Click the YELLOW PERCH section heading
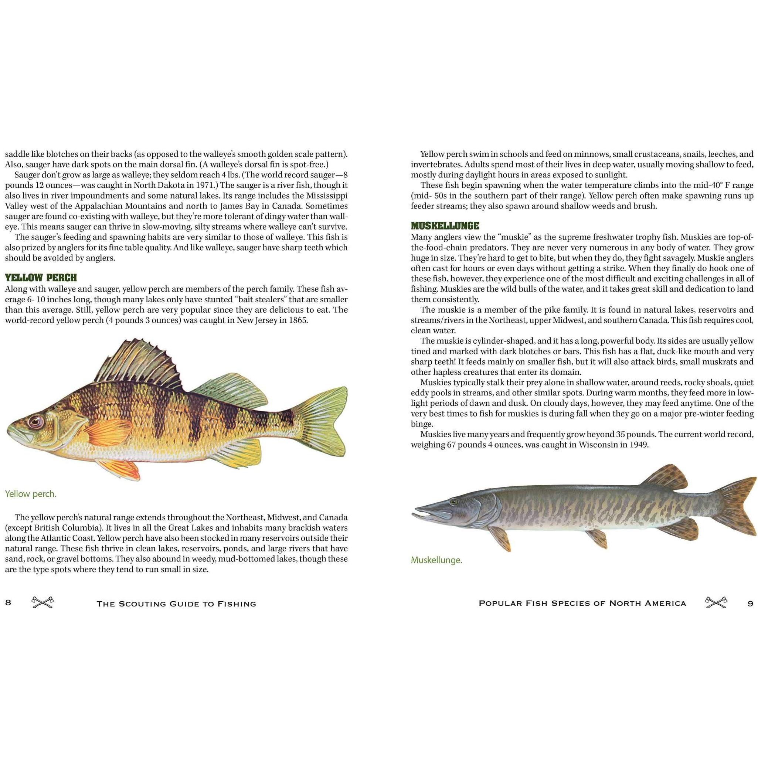(41, 278)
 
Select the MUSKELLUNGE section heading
(445, 226)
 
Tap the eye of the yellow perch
(35, 421)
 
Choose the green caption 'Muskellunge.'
(436, 560)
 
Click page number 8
(8, 603)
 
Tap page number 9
(750, 604)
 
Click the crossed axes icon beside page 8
(43, 603)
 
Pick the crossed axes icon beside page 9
(715, 603)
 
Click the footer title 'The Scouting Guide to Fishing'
(176, 604)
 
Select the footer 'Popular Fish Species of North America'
(582, 604)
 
